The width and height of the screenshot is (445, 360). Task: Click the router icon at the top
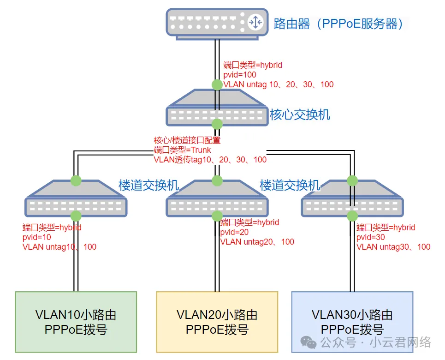217,22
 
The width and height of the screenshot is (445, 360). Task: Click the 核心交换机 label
300,114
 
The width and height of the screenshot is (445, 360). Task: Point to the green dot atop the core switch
217,84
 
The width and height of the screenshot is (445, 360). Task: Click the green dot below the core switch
217,124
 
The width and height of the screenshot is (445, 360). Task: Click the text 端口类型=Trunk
182,150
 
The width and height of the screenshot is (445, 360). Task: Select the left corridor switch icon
76,198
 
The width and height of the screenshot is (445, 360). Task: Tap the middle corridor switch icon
217,198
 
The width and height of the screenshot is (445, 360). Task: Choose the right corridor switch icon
352,198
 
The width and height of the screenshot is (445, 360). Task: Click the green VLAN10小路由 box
76,322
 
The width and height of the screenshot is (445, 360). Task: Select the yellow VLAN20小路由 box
217,322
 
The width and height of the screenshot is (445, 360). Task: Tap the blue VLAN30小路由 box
352,322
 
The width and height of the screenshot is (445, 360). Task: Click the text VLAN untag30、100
393,247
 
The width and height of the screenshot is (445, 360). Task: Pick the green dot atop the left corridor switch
76,180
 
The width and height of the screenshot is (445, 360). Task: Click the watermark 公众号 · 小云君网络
369,342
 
